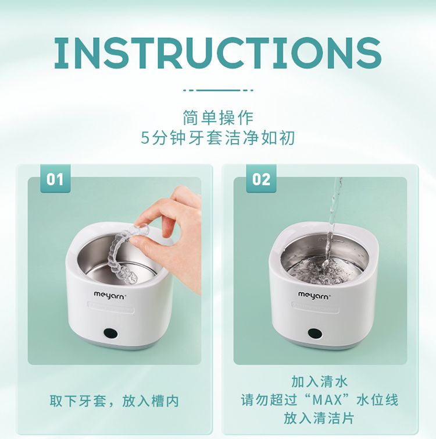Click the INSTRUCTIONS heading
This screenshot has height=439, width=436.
coord(218,53)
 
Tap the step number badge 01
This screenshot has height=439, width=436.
coord(55,179)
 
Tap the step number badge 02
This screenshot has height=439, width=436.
coord(261,179)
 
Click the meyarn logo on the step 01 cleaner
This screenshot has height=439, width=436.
coord(109,295)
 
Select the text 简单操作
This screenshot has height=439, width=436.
coord(218,118)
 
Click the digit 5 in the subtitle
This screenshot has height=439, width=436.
coord(145,138)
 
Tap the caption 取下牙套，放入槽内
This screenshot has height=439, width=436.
coord(114,401)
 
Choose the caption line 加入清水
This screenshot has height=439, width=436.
coord(320,381)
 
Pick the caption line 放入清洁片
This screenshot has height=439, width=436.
coord(319,418)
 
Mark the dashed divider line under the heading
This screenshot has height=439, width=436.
coord(218,90)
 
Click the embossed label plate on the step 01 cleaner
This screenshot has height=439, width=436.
coord(111,307)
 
